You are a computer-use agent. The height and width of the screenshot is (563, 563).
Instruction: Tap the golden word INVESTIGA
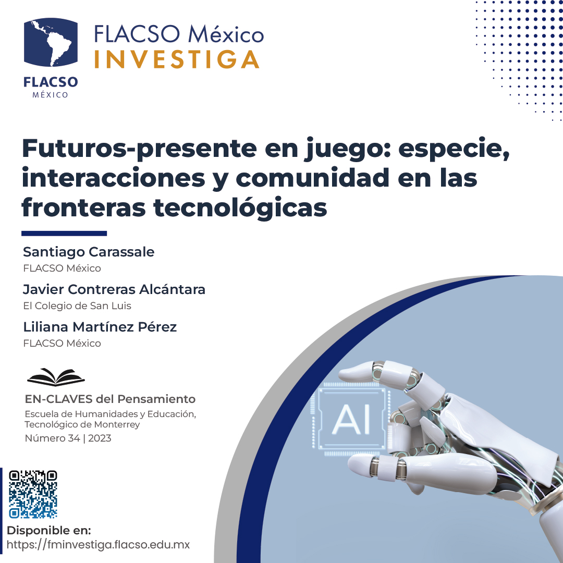click(x=177, y=59)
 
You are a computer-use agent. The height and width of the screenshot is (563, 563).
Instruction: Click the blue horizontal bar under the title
click(x=64, y=234)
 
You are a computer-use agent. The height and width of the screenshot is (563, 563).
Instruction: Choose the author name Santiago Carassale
click(x=89, y=252)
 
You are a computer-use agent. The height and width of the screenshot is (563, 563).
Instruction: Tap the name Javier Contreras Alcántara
click(x=114, y=289)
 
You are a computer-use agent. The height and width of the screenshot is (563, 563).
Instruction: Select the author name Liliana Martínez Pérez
click(x=100, y=327)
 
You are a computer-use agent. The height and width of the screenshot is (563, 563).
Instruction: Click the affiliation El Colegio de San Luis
click(x=77, y=305)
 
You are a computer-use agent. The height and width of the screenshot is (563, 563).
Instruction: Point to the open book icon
click(x=56, y=376)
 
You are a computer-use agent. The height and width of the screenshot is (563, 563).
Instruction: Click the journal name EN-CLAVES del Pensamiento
click(x=110, y=399)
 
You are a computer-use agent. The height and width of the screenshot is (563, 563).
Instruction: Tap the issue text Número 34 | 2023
click(x=68, y=438)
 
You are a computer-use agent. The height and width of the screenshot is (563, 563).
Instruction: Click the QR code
click(x=33, y=494)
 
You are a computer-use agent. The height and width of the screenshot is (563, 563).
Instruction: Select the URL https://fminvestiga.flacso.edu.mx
click(x=98, y=545)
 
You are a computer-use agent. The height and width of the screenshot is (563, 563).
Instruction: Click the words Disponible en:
click(x=49, y=531)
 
